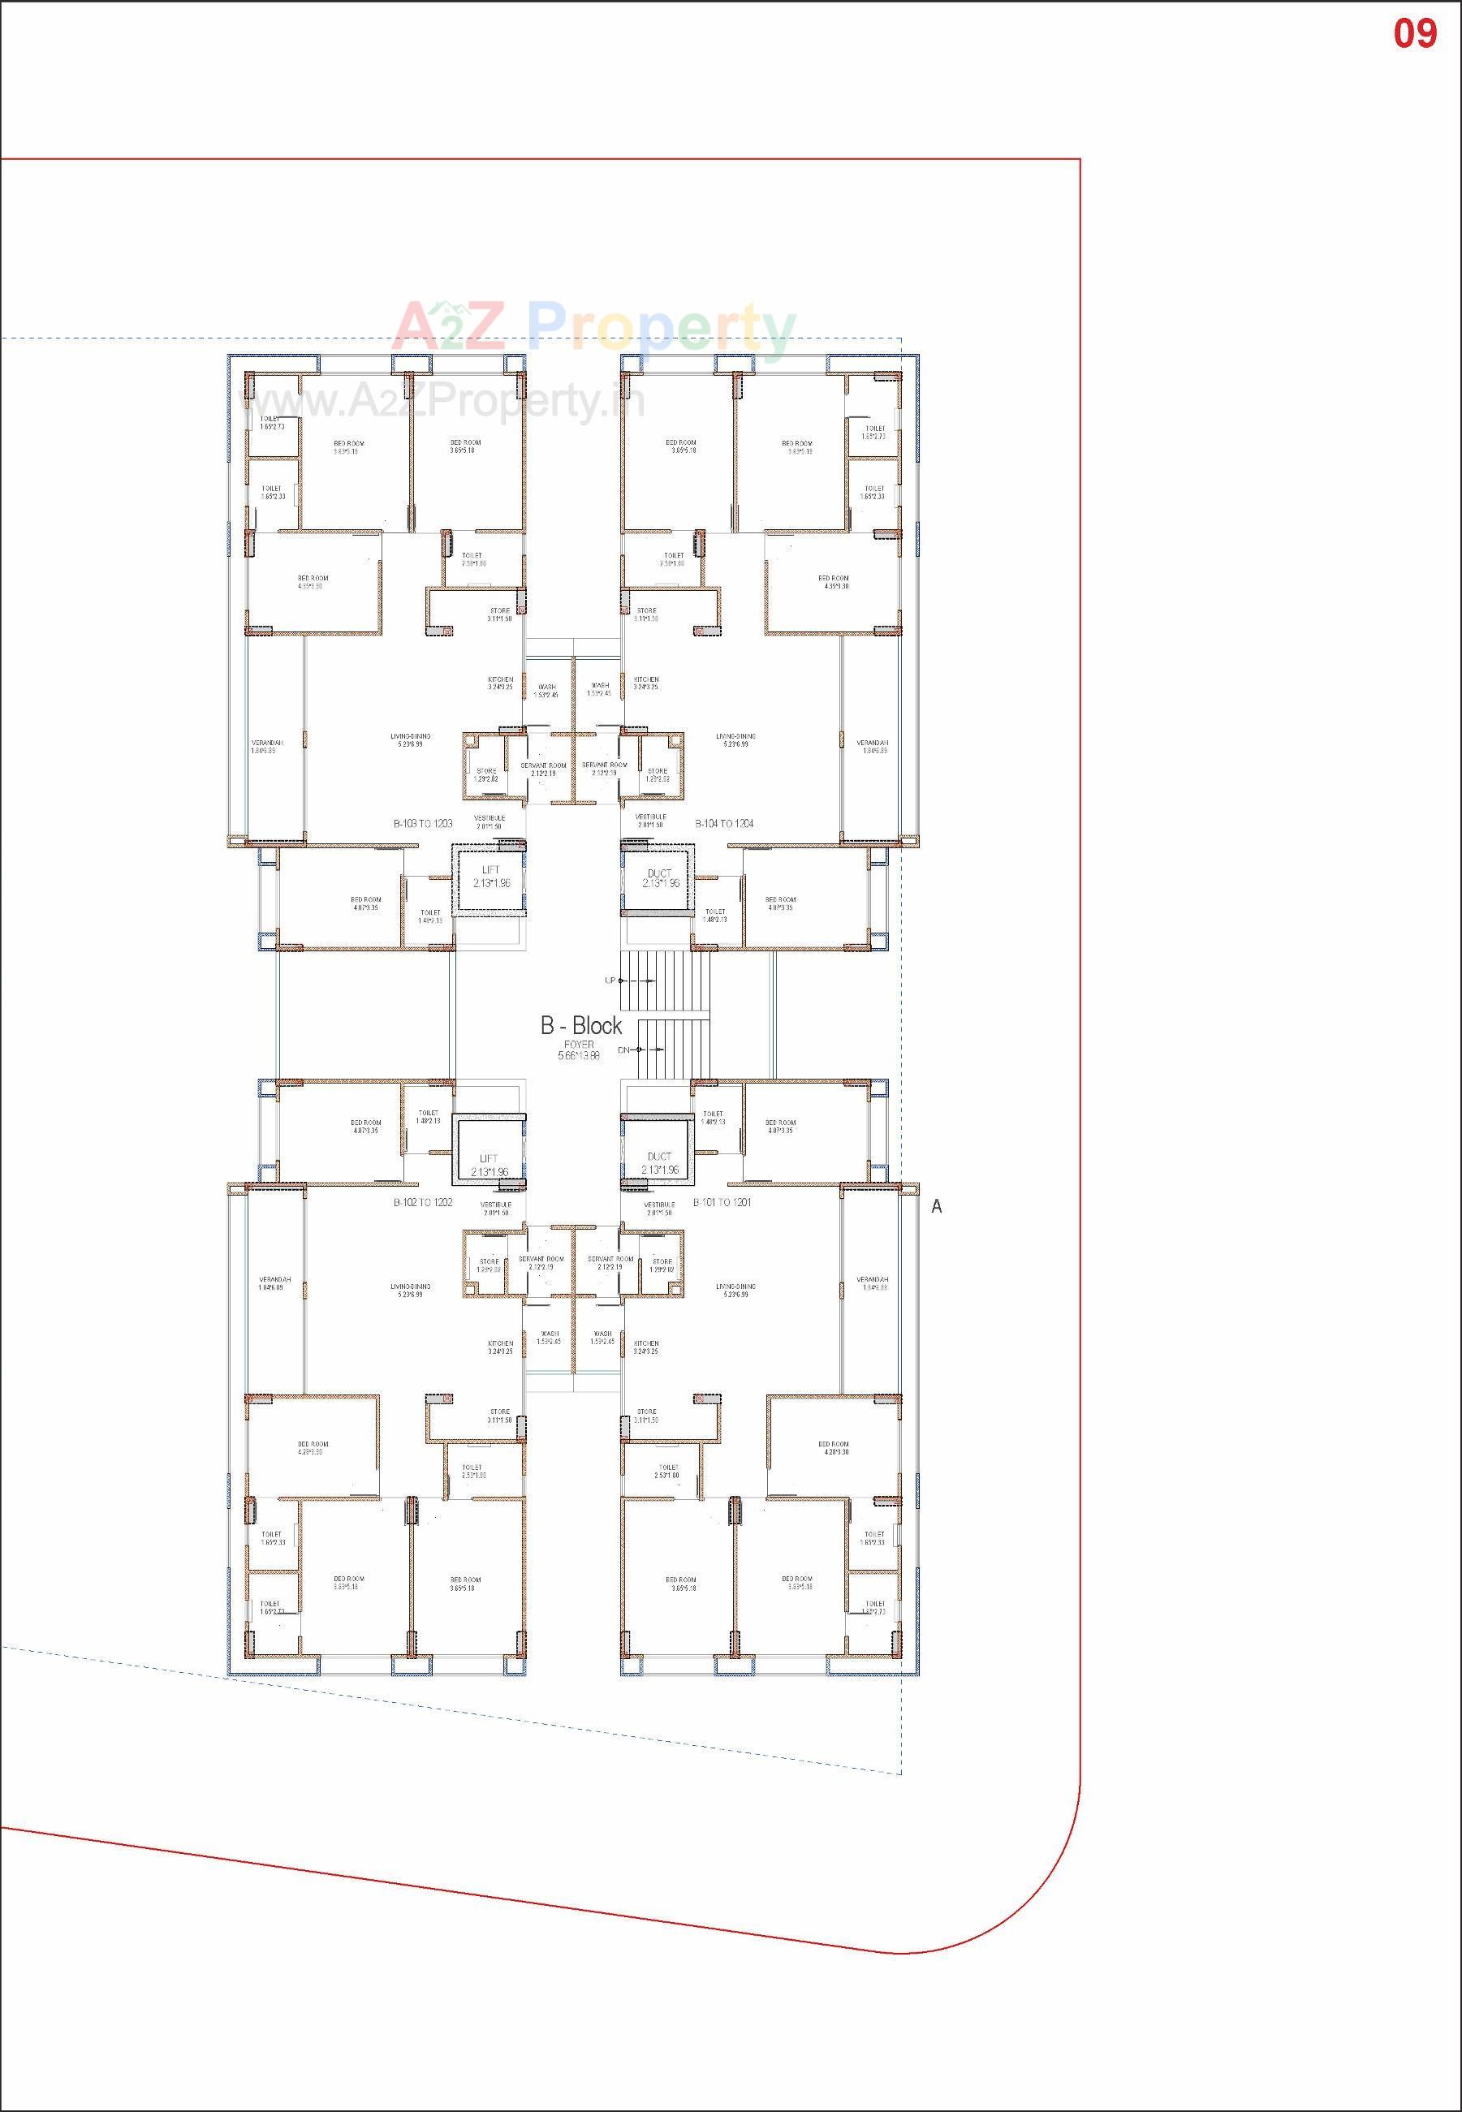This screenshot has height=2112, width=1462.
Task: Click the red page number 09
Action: (1414, 34)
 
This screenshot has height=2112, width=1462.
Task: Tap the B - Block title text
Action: (580, 1026)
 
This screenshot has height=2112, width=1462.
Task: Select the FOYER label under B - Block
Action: (579, 1044)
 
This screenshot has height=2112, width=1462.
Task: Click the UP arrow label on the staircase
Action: (610, 980)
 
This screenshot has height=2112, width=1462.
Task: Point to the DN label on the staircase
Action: (623, 1050)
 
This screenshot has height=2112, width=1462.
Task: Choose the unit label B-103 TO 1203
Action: (423, 823)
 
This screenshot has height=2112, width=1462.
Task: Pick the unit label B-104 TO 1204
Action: (723, 823)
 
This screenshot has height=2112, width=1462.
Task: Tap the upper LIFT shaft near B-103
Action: (491, 877)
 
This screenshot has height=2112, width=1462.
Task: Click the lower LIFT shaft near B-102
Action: (489, 1165)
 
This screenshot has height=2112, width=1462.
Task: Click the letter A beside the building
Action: (936, 1207)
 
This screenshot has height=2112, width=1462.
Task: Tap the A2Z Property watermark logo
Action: (595, 328)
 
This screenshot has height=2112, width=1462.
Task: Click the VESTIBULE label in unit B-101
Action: (658, 1205)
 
